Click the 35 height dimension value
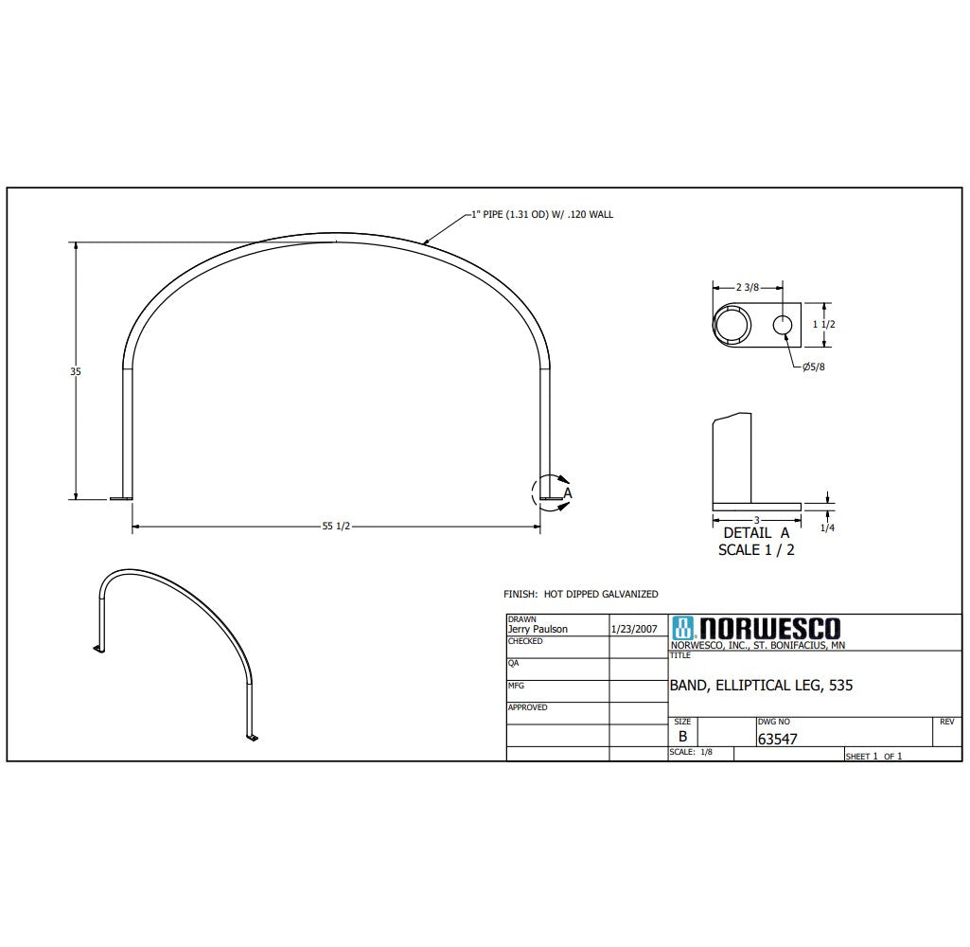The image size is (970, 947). tap(76, 371)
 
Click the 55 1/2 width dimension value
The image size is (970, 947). tap(336, 527)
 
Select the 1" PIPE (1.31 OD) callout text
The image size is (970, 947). tap(542, 215)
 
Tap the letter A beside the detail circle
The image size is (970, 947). tap(567, 493)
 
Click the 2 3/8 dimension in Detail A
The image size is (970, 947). tap(748, 287)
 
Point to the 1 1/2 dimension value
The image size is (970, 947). tap(823, 324)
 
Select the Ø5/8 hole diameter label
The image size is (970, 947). tap(814, 366)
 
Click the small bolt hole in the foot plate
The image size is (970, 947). tap(783, 324)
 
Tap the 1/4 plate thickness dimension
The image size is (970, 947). tap(827, 528)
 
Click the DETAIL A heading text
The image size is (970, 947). tap(756, 533)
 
